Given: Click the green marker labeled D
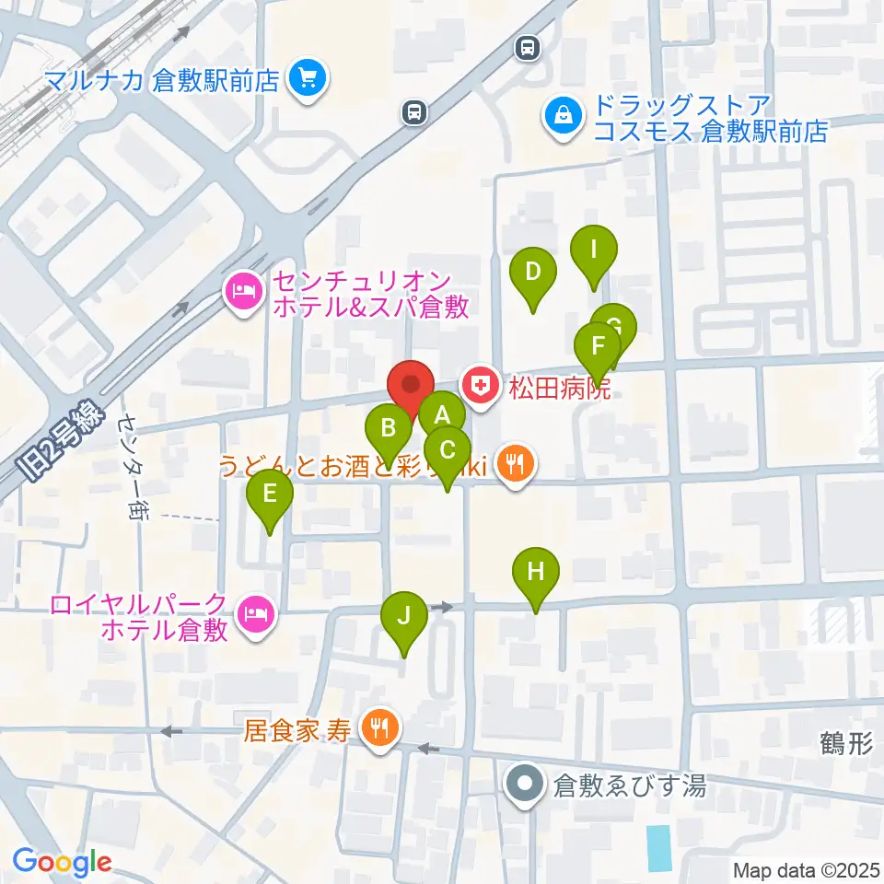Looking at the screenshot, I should coord(533,273).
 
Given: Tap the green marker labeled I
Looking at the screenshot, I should coord(594,250).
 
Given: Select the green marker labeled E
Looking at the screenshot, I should coord(270,494).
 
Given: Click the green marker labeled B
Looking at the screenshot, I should coord(389,429).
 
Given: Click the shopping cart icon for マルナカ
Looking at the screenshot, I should coord(306,80).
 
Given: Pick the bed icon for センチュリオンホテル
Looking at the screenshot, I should coord(242,294).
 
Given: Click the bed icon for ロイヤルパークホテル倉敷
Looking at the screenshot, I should coord(255,615).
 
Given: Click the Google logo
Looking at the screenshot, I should coord(62,863).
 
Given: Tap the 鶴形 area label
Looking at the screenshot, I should coord(844,744).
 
